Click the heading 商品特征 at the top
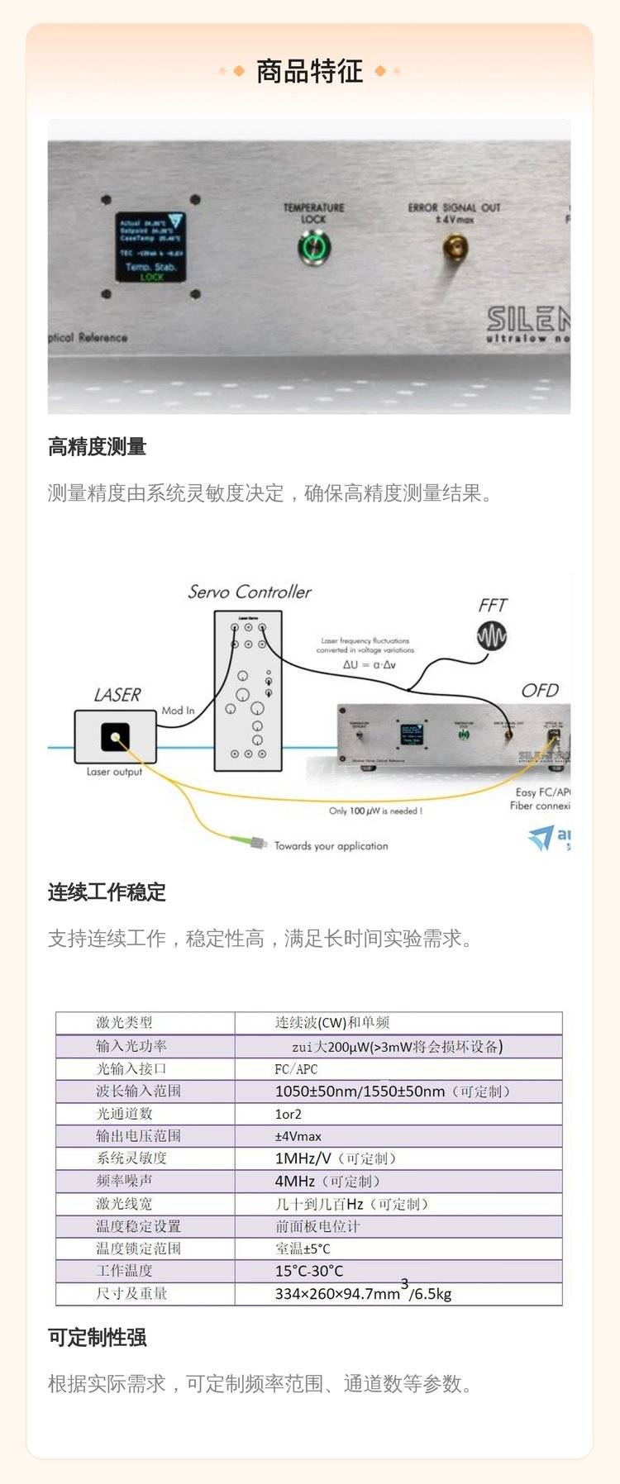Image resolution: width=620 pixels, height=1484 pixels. click(309, 72)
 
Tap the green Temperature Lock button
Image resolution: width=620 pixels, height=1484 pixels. click(313, 246)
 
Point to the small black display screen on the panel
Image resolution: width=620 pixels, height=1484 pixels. click(150, 247)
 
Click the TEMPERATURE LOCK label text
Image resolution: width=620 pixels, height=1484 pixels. click(313, 213)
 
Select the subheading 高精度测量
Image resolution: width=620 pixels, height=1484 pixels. click(98, 447)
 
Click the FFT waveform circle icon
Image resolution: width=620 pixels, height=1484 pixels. click(492, 635)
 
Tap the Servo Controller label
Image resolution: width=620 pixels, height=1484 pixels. click(249, 592)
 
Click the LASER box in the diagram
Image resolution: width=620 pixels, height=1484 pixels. click(115, 736)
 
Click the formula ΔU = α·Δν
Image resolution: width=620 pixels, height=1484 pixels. click(369, 664)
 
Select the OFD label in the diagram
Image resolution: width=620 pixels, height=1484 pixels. click(540, 691)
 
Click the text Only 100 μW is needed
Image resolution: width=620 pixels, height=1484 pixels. click(375, 811)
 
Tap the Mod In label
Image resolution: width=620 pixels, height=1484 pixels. click(178, 710)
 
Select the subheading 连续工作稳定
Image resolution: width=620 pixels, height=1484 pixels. click(107, 892)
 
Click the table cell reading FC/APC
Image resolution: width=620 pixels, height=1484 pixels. click(296, 1068)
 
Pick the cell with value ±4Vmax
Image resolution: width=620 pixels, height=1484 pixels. click(298, 1136)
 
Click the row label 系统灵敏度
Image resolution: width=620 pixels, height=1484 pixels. click(131, 1158)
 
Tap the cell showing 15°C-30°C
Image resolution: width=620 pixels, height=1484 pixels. click(308, 1271)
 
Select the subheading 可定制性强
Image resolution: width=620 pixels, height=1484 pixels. click(98, 1338)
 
